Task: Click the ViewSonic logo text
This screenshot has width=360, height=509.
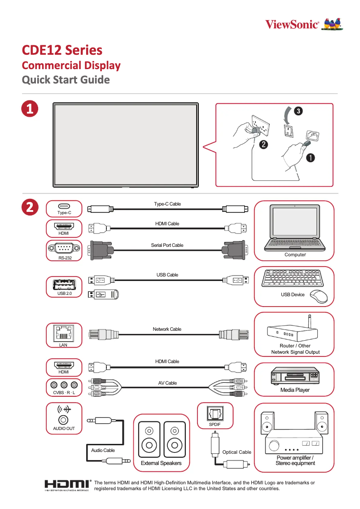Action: coord(292,24)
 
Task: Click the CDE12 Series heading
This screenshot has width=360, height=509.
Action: coord(62,50)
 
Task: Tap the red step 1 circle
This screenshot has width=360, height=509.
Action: coord(30,109)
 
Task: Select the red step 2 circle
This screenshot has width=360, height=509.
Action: coord(30,207)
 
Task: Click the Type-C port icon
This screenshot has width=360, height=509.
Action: coord(64,206)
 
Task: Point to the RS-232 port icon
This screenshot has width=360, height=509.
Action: coord(64,248)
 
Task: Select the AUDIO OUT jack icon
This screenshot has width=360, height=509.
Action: coord(64,420)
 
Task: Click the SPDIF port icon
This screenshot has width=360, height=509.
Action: coord(214,412)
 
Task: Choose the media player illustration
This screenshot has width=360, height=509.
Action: coord(294,376)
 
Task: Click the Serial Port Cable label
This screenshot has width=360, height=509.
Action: coord(167,245)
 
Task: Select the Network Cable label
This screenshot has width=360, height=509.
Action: coord(167,329)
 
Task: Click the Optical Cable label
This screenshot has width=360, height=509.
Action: coord(237,452)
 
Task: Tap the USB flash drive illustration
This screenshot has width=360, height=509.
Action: coord(103,294)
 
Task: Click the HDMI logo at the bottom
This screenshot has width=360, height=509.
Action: coord(67,485)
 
